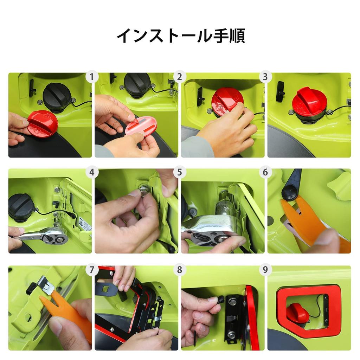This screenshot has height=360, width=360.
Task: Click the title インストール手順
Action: point(180,36)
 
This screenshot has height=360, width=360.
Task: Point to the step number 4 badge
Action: point(92,173)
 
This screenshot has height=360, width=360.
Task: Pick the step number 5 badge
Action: point(180,173)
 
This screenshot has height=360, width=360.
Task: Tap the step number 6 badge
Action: point(265,173)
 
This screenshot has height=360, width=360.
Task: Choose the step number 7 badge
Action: point(92,270)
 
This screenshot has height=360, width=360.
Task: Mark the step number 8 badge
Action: point(180,270)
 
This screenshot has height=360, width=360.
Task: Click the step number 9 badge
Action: point(265,270)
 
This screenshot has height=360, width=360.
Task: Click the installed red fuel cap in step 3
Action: point(309,102)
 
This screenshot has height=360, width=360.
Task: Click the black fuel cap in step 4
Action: point(21,207)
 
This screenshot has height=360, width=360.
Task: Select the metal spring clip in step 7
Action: point(46,285)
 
